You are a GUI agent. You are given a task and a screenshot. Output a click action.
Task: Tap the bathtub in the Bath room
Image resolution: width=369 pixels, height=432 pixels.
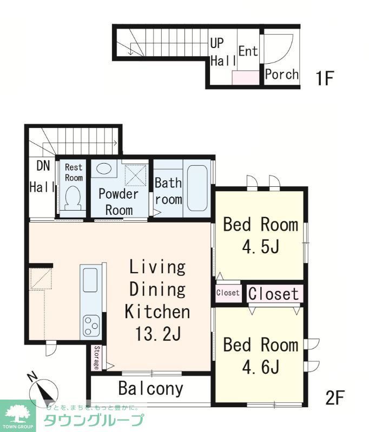coord(197,188)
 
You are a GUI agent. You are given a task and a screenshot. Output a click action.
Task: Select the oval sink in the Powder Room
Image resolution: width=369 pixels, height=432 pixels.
coord(103,168)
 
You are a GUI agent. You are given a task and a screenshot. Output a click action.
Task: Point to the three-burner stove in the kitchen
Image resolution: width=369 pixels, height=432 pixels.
coord(91,326)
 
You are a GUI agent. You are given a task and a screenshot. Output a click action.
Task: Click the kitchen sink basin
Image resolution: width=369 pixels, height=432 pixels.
coord(90,280)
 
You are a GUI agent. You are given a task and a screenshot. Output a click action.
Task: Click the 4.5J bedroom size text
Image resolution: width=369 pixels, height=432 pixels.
coord(261,246)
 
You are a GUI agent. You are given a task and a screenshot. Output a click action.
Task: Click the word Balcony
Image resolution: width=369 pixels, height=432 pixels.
coord(151,389)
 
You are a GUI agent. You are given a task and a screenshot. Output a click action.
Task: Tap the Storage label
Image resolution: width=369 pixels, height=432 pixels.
coord(96,357)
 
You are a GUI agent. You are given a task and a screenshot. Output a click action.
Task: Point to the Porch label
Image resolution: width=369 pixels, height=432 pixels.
coord(281,75)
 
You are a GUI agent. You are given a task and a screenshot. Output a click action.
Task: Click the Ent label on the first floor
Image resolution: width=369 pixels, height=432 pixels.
coord(248,51)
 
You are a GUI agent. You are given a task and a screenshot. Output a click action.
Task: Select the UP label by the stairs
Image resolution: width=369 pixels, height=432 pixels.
coord(217,43)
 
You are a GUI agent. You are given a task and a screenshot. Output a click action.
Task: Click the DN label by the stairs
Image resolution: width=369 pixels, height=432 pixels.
coord(43,166)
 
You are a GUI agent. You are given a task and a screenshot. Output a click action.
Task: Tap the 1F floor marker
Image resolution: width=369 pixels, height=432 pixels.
coord(324,78)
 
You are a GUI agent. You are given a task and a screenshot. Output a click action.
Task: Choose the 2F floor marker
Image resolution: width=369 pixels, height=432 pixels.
coord(334,398)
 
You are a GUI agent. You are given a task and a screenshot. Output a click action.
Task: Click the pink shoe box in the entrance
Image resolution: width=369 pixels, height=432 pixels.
coord(245,77)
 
